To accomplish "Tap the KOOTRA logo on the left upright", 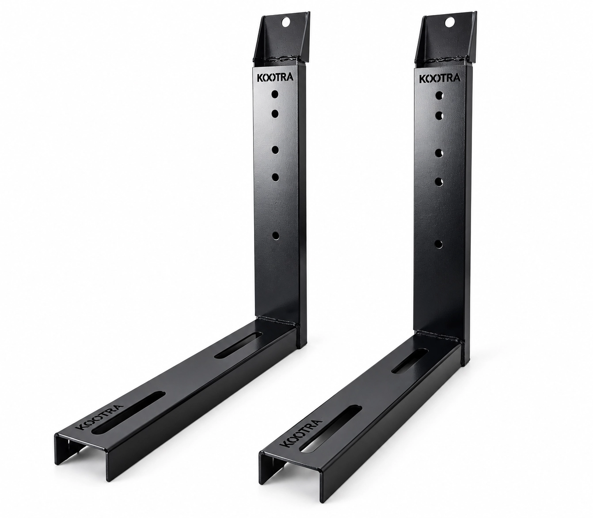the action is pyautogui.click(x=276, y=78).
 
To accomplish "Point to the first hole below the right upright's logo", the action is pyautogui.click(x=440, y=95).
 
